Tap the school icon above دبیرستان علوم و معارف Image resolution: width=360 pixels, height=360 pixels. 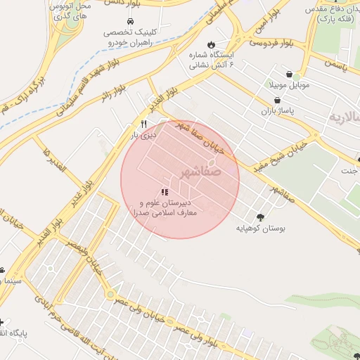[x=165, y=192]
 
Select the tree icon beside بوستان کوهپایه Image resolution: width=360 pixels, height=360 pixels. [x=261, y=217]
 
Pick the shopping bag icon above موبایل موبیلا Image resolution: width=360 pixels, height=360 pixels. [x=290, y=73]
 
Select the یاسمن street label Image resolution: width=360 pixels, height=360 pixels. [x=337, y=65]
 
